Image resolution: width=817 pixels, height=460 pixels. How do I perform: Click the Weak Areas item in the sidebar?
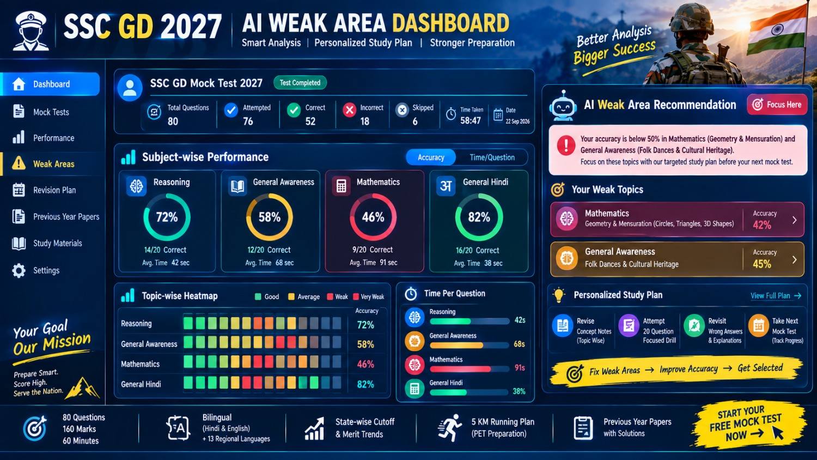click(53, 164)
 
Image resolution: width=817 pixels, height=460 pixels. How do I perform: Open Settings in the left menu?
click(46, 270)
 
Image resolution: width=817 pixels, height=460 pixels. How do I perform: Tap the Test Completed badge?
click(300, 83)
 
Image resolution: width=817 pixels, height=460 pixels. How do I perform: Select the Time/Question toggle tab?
click(492, 158)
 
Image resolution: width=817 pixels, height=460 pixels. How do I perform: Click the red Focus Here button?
click(777, 105)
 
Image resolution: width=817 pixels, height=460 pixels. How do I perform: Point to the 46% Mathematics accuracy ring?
click(373, 217)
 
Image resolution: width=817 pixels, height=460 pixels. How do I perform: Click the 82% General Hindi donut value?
click(479, 217)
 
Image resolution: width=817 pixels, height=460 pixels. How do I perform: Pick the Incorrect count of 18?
click(365, 121)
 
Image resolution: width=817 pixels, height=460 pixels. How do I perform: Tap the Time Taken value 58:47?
click(471, 120)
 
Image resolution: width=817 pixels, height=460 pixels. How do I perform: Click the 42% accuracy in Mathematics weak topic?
click(762, 225)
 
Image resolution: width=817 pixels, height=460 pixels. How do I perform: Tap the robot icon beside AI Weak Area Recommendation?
click(563, 106)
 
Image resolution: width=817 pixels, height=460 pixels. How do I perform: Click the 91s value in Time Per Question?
click(520, 368)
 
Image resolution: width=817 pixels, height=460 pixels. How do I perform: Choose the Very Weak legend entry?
click(368, 297)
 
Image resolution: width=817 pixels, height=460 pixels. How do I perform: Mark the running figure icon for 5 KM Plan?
click(450, 427)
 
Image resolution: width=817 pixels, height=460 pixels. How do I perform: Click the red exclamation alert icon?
click(566, 146)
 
